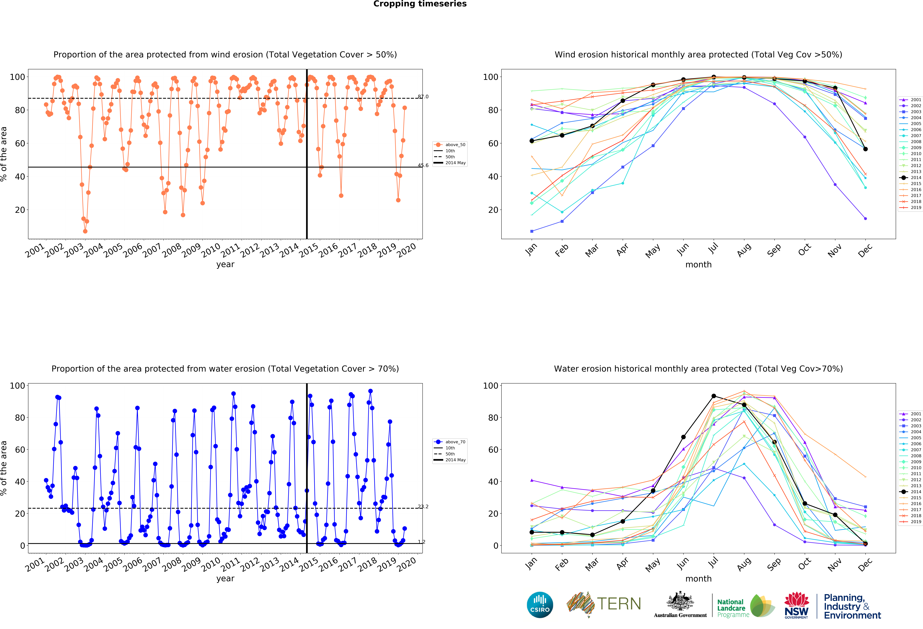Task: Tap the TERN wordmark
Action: (x=619, y=604)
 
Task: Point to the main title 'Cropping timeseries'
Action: (x=420, y=4)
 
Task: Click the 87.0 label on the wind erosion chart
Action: (x=423, y=97)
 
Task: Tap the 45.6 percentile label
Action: (x=423, y=165)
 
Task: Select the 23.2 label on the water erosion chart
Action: (x=423, y=506)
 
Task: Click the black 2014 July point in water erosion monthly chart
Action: (x=714, y=396)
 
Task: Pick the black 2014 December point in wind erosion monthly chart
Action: (x=865, y=149)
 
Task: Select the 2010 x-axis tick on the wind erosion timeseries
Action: (x=211, y=250)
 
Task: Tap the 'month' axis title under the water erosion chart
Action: (x=698, y=579)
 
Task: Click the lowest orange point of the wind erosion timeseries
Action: (x=85, y=231)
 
